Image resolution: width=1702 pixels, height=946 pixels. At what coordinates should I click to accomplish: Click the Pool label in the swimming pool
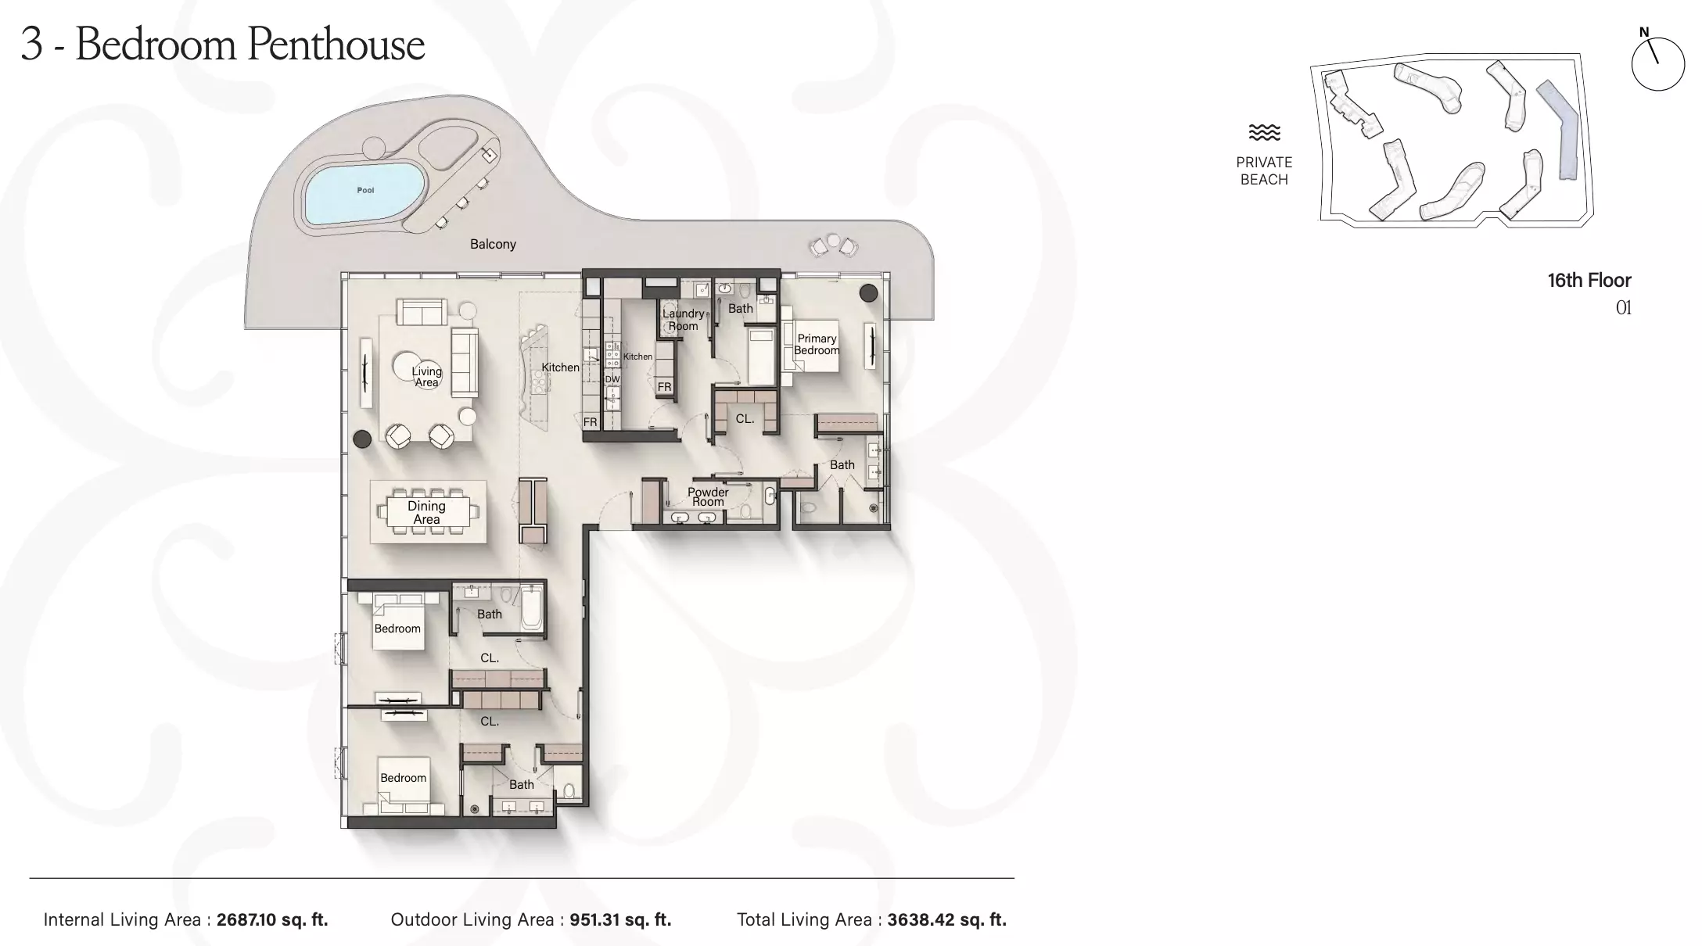[x=365, y=190]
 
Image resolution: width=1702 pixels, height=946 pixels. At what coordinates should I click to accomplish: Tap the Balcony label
[x=493, y=244]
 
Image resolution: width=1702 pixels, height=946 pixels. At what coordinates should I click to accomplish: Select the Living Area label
[x=427, y=377]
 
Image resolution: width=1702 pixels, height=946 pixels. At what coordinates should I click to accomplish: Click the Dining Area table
[x=426, y=512]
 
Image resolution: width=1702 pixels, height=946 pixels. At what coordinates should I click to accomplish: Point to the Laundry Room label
[x=683, y=320]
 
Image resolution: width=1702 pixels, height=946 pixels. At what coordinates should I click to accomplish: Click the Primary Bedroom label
[x=817, y=344]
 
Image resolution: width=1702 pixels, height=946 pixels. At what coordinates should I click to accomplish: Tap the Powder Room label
[x=708, y=496]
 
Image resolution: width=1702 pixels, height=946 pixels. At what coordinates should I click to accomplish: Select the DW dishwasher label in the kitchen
[x=612, y=379]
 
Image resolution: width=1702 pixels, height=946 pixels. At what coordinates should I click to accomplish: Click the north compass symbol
[x=1657, y=63]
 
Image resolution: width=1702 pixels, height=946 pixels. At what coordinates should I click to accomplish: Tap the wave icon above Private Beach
[x=1264, y=132]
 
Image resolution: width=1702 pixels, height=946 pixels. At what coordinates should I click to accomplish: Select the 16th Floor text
[x=1589, y=280]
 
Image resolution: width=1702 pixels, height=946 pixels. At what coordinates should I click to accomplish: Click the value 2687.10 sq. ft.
[x=272, y=919]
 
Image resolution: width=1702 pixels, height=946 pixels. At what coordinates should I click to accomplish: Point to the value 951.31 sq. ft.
[x=620, y=919]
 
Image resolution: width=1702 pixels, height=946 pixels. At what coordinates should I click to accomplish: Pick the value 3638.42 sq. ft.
[x=946, y=919]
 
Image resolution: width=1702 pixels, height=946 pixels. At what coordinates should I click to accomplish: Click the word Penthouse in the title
[x=336, y=44]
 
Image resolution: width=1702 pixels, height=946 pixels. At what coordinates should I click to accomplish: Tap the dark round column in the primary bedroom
[x=868, y=293]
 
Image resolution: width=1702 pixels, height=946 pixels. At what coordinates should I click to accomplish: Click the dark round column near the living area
[x=362, y=439]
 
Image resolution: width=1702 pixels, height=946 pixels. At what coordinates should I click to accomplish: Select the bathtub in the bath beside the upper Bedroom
[x=532, y=608]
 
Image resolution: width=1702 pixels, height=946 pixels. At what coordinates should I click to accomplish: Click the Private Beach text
[x=1264, y=170]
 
